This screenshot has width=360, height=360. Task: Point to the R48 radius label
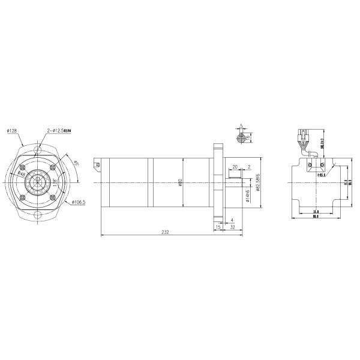pyautogui.click(x=21, y=173)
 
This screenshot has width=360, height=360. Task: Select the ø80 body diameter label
pyautogui.click(x=181, y=182)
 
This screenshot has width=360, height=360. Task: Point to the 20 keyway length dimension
pyautogui.click(x=235, y=167)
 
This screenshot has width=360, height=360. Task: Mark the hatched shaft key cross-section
pyautogui.click(x=241, y=138)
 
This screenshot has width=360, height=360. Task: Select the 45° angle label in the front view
pyautogui.click(x=76, y=163)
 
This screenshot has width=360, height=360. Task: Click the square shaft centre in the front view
pyautogui.click(x=40, y=182)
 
